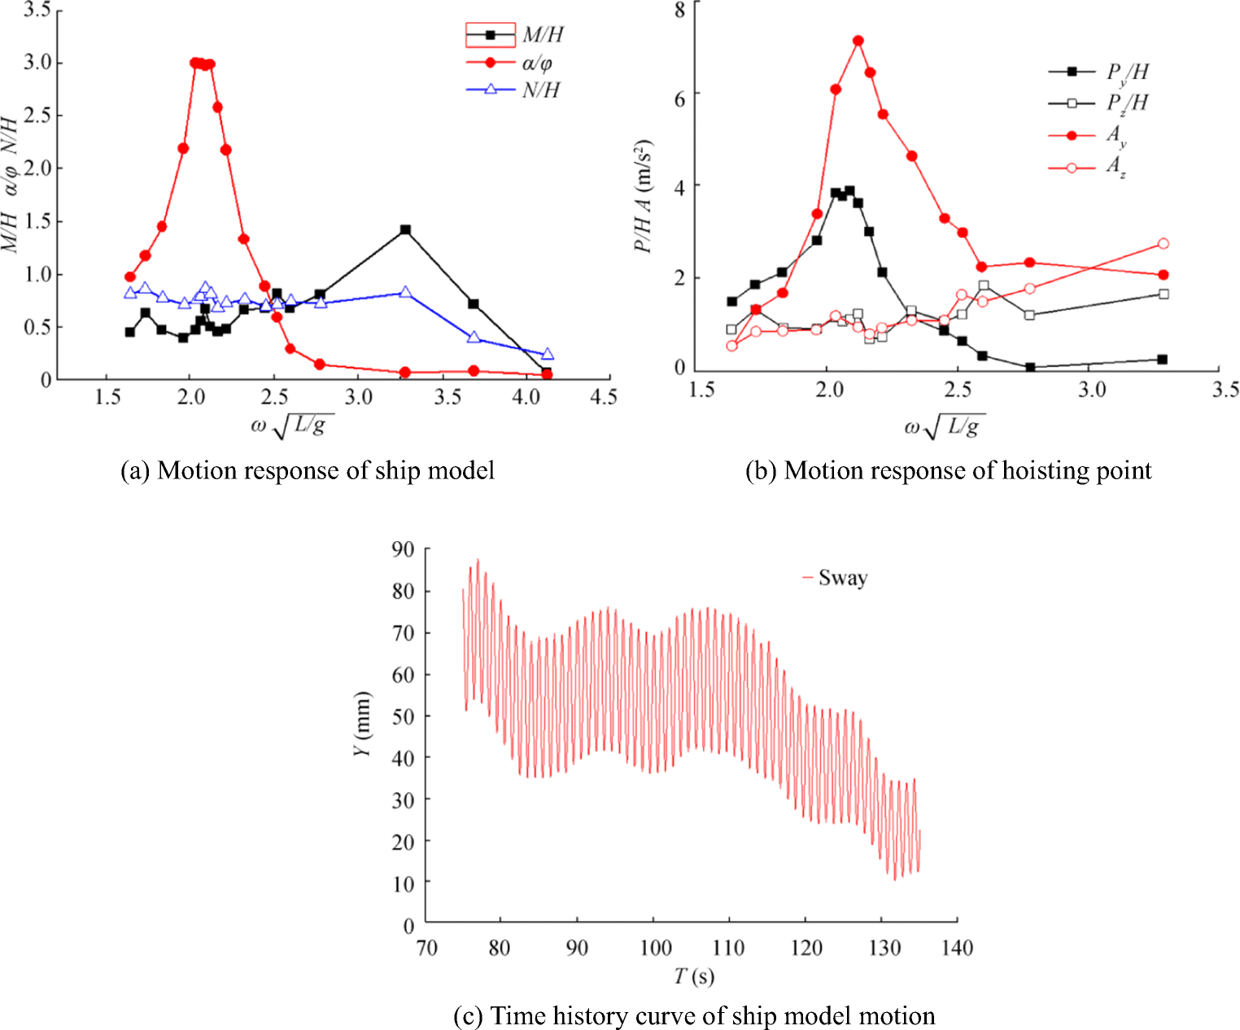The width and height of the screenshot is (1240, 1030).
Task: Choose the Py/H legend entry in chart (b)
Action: (x=1098, y=72)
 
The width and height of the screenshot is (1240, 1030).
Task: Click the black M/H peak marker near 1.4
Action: (x=405, y=230)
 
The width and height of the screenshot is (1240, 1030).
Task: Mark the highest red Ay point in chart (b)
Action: (x=858, y=41)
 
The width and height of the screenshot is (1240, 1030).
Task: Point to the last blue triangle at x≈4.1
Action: (x=547, y=354)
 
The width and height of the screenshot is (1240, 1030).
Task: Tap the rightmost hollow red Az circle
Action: (x=1163, y=244)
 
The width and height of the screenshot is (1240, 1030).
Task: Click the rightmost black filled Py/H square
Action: (x=1162, y=360)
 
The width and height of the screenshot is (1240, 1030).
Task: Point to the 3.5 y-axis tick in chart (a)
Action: (x=37, y=11)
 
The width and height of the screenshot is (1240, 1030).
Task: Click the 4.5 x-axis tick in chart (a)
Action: (x=603, y=397)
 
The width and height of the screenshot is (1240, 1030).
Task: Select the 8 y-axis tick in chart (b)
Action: (x=679, y=9)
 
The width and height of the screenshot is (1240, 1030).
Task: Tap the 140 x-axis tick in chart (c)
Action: (x=957, y=948)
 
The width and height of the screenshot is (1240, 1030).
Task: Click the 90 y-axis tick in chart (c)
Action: (x=403, y=550)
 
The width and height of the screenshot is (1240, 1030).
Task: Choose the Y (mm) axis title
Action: (x=363, y=723)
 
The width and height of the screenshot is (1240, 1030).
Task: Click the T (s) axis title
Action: (x=693, y=976)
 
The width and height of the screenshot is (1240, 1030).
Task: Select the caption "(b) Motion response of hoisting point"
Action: (x=948, y=471)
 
